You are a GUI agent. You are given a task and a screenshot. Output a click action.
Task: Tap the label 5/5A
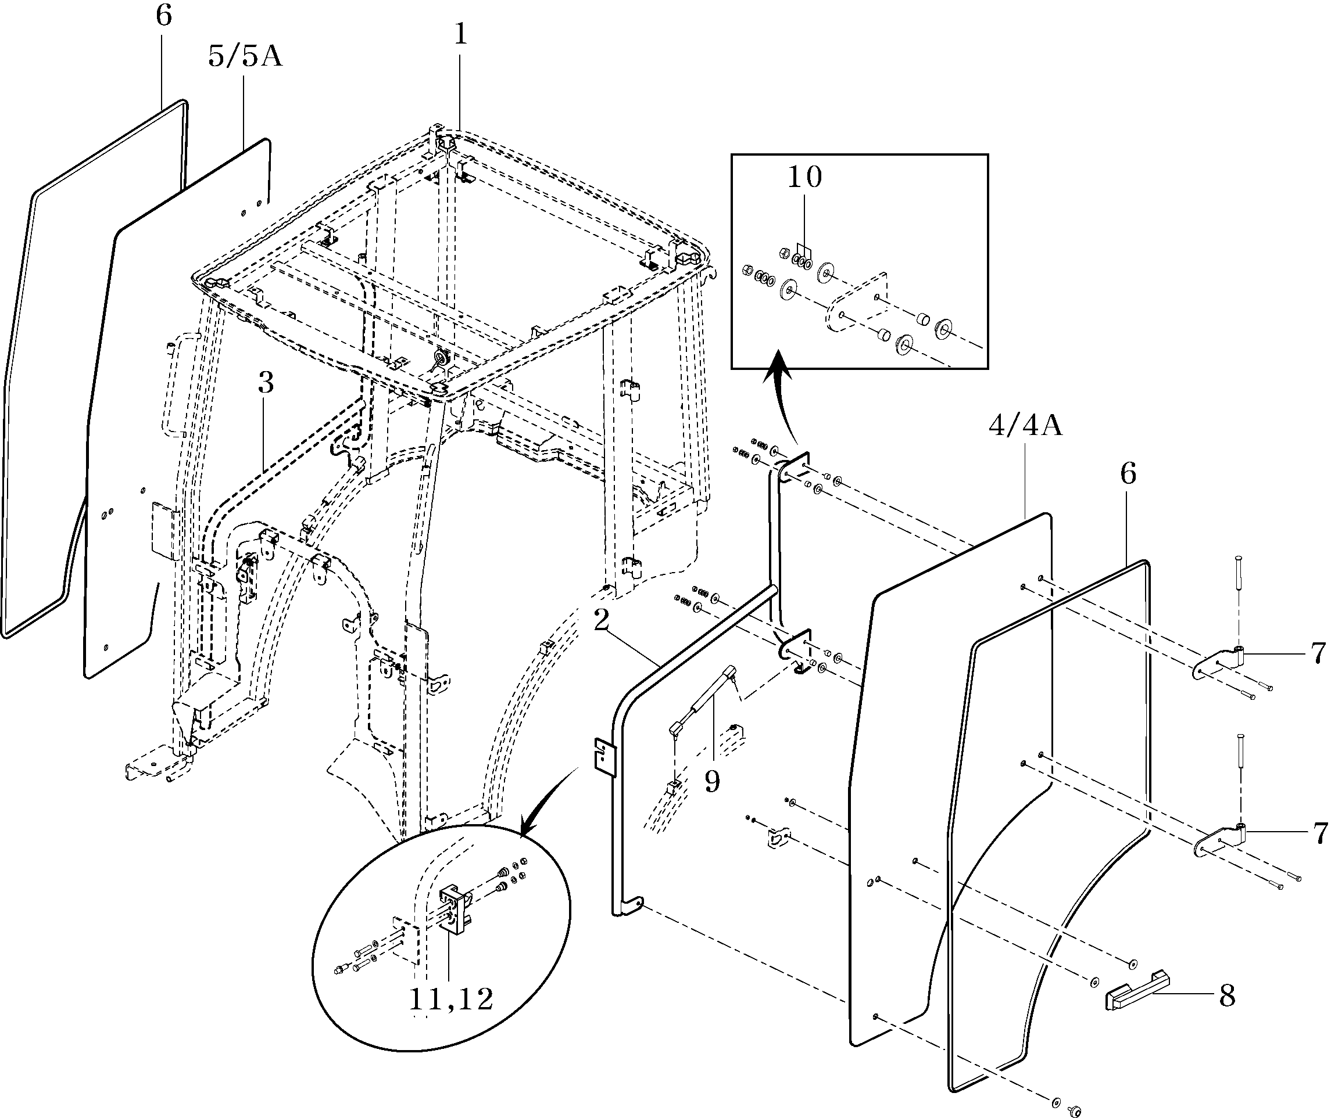(x=245, y=56)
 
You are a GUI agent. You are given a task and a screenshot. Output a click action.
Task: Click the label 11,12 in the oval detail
(x=451, y=1000)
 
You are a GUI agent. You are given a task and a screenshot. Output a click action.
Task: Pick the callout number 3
(x=266, y=383)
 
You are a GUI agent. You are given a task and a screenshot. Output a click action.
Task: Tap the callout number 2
(x=601, y=620)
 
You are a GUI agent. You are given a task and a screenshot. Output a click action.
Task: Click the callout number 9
(x=713, y=782)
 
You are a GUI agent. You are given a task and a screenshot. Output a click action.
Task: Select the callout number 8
(x=1227, y=996)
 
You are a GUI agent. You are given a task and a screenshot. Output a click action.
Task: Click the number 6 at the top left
(x=163, y=16)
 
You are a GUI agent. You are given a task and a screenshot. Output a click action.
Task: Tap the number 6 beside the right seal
(x=1128, y=473)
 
